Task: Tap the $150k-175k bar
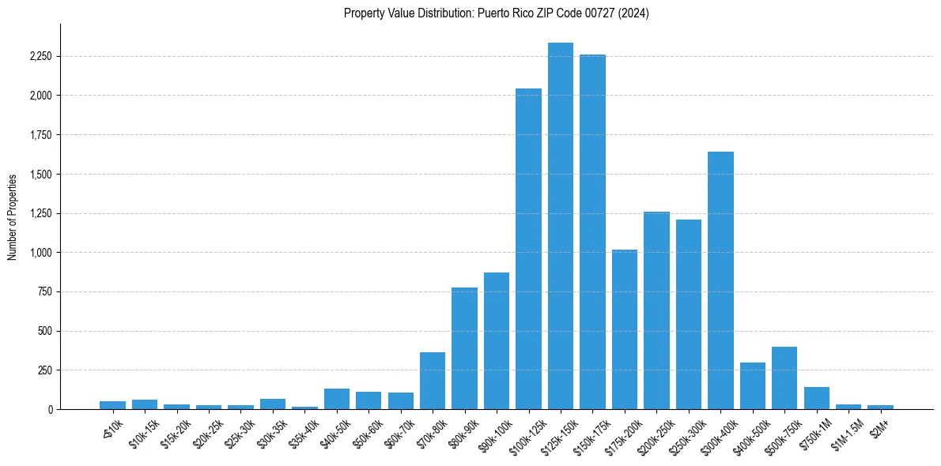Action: point(592,232)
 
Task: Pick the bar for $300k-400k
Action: point(720,280)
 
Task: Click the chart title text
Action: point(497,13)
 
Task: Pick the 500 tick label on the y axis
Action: point(43,331)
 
